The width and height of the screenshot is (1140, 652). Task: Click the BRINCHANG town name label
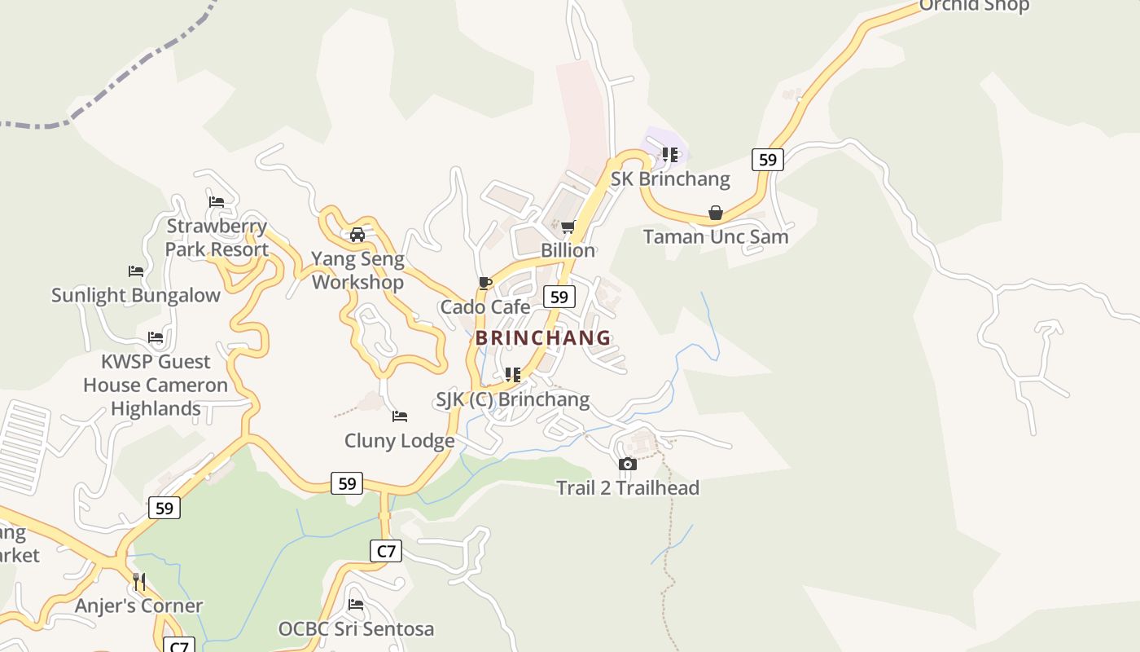[543, 337]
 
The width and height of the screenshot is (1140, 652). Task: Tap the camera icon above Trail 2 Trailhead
[627, 465]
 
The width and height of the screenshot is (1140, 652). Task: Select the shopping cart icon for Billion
[568, 227]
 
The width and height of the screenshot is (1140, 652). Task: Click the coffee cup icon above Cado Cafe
[485, 283]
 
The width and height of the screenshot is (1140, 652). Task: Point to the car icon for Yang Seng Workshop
[357, 236]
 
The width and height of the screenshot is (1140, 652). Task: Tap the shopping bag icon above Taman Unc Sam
[715, 214]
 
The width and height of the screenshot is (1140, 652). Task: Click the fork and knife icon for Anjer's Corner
[139, 581]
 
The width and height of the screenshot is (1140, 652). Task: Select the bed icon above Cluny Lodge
[399, 416]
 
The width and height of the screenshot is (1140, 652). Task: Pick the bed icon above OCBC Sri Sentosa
[356, 605]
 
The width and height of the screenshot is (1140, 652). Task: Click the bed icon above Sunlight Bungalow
[136, 271]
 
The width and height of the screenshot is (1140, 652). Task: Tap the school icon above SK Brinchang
[669, 155]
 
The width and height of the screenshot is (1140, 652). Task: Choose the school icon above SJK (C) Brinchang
[512, 375]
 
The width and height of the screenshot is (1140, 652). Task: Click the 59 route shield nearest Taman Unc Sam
[767, 160]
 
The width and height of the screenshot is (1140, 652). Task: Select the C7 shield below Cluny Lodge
[387, 551]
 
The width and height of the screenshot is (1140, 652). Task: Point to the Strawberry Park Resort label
[217, 237]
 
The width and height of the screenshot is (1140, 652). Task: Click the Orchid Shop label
[974, 6]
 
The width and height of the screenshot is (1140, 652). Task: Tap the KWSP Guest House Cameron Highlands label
[156, 385]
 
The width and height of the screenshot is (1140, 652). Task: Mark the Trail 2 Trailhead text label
[627, 488]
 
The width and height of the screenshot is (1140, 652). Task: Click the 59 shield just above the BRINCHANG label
[559, 297]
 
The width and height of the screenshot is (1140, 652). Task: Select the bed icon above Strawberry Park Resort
[216, 202]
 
